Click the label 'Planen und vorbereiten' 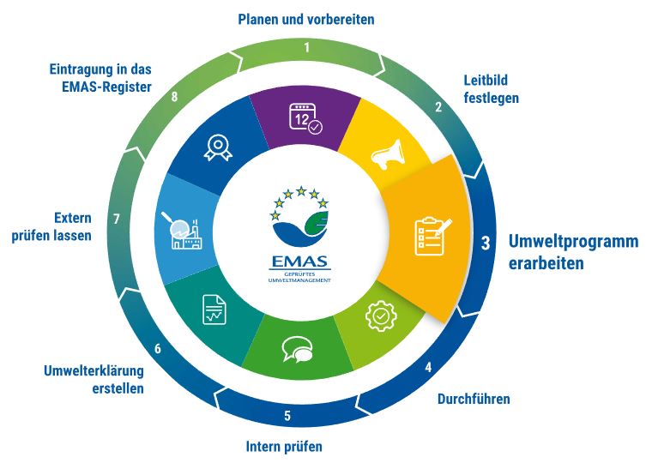(x=306, y=20)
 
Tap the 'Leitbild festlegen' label (x=491, y=89)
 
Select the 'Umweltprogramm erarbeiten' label (x=573, y=252)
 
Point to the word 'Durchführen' (x=474, y=399)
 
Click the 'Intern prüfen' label (x=284, y=447)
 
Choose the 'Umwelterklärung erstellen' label (x=94, y=380)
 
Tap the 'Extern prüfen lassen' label (x=51, y=226)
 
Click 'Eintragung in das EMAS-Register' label (x=100, y=78)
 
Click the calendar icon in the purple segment (x=305, y=118)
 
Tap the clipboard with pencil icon (x=432, y=236)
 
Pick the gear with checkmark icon (x=381, y=316)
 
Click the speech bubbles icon (x=297, y=350)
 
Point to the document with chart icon (x=214, y=310)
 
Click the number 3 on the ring (x=486, y=243)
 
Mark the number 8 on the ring (x=175, y=96)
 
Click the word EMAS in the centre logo (x=300, y=262)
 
